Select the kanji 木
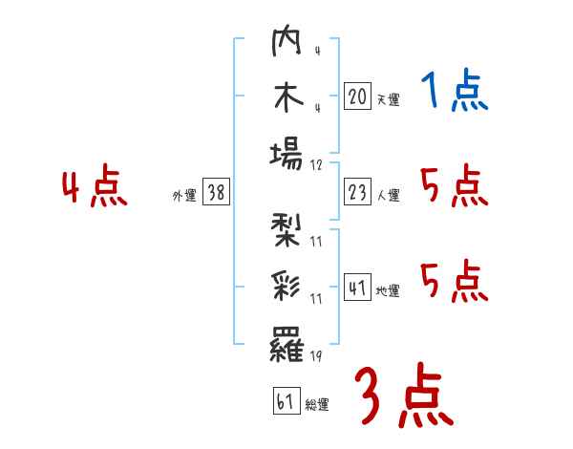[x=286, y=98]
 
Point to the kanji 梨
[x=286, y=232]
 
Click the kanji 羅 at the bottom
[x=286, y=342]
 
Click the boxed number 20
[x=357, y=96]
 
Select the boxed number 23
[x=357, y=193]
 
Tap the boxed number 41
[x=357, y=289]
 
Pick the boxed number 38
[x=216, y=193]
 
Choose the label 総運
[x=317, y=404]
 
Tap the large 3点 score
[x=403, y=396]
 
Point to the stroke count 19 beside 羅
[x=316, y=356]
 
